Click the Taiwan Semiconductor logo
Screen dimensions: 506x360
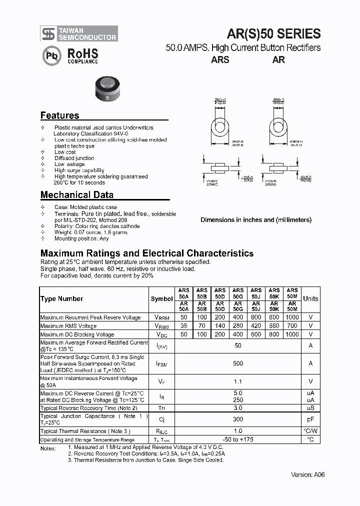(79, 34)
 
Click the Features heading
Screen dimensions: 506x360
(59, 115)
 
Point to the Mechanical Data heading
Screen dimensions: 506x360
(76, 195)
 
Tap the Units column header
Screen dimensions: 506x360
(310, 299)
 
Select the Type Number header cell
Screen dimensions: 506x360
(61, 299)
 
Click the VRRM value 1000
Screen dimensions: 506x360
(292, 317)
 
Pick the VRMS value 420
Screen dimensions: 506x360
(256, 326)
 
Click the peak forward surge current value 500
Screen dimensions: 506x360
(238, 363)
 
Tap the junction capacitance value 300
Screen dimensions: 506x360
(238, 419)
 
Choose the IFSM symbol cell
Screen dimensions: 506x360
(161, 364)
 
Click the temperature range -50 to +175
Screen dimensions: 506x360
(238, 439)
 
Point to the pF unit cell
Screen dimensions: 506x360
(310, 419)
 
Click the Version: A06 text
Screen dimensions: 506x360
(308, 474)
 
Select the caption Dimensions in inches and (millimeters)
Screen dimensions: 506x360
(256, 220)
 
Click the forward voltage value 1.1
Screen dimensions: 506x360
(238, 381)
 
